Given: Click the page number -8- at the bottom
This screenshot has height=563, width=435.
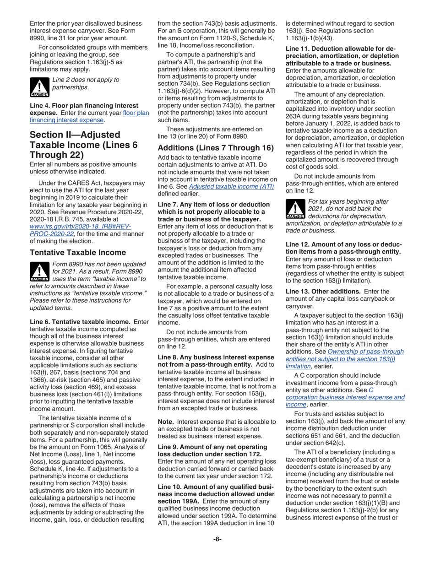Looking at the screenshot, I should coord(217,539).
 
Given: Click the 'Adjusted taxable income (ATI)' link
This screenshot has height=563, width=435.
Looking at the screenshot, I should coord(231,186).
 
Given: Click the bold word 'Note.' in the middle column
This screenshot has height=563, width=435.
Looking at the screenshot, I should coord(166,422).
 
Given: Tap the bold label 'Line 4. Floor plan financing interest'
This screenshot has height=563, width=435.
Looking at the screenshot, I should coord(83,105).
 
